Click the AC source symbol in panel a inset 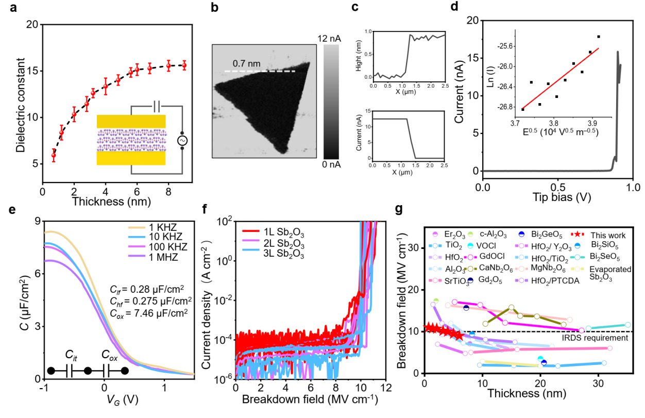pyautogui.click(x=182, y=141)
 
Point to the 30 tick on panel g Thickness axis pyautogui.click(x=598, y=384)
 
